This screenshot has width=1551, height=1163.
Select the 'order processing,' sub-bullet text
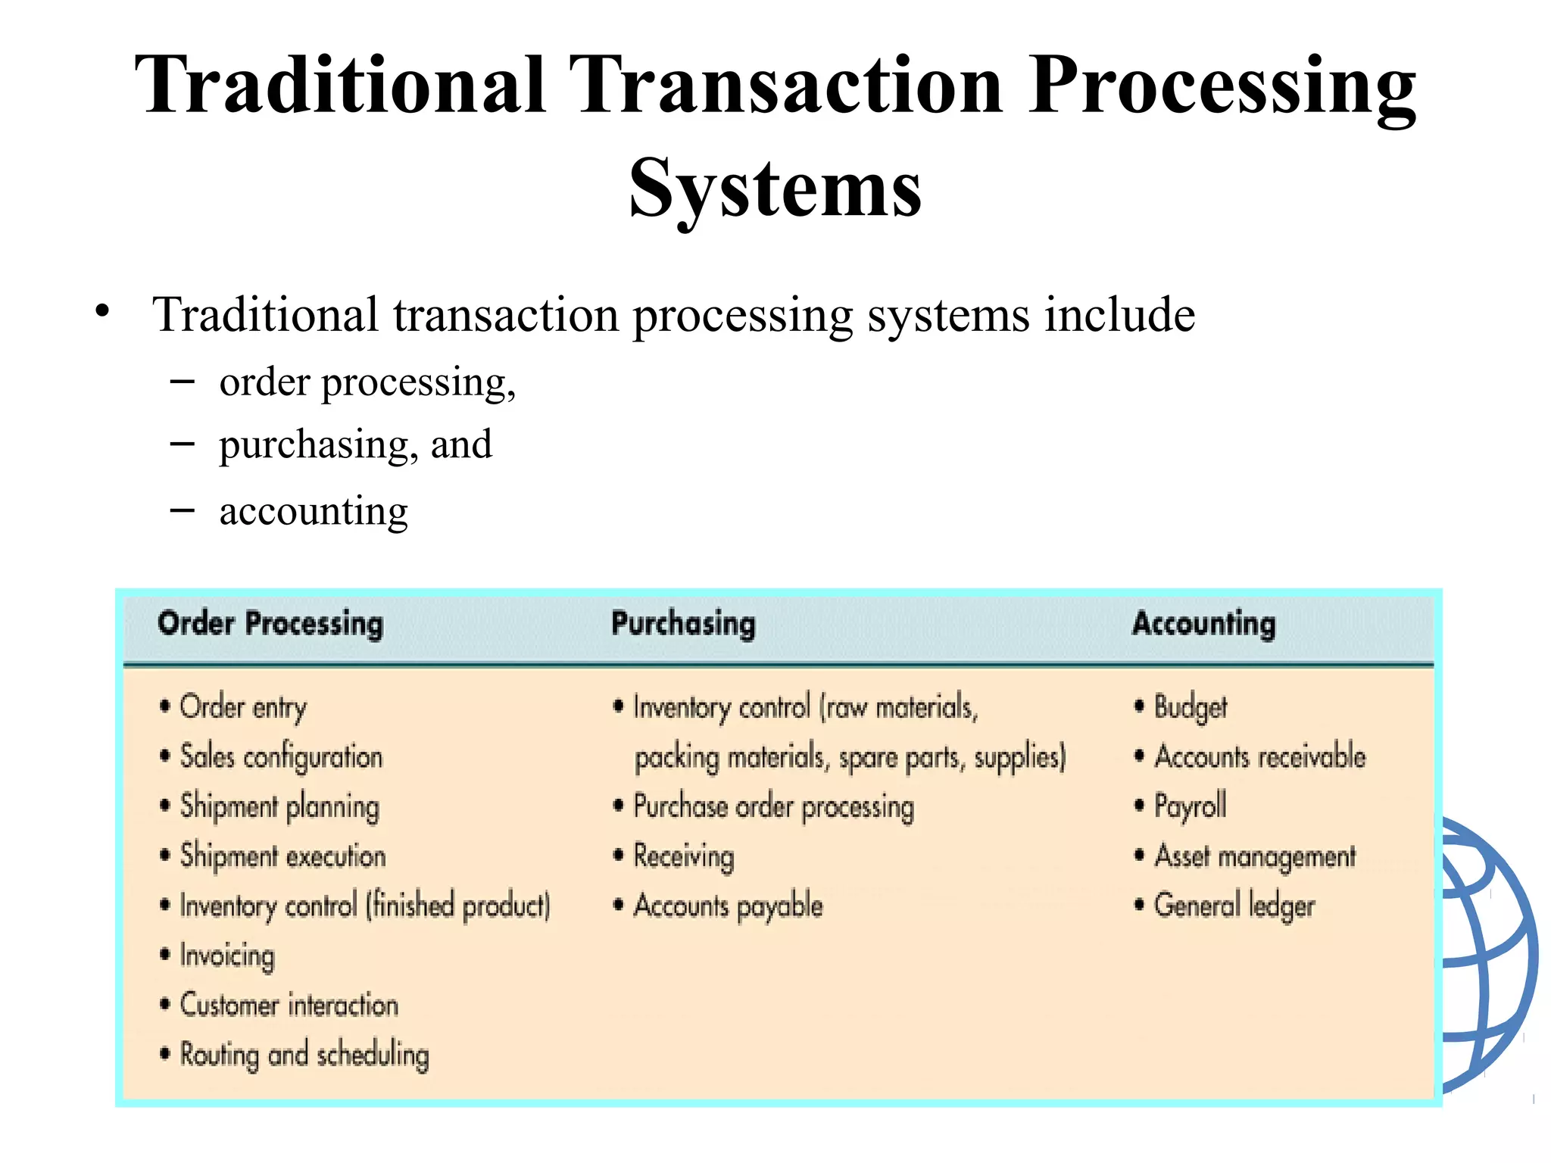click(x=367, y=382)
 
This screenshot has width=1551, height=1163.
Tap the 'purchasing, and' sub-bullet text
click(x=355, y=444)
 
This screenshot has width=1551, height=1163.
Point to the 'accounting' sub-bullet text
click(x=314, y=510)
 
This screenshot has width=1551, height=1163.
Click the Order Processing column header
click(x=270, y=624)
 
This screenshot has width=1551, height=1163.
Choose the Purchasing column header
click(x=683, y=624)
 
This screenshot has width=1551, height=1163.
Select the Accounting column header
click(x=1203, y=624)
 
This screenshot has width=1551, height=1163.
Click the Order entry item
click(x=243, y=707)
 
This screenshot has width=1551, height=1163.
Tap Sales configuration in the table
click(x=281, y=756)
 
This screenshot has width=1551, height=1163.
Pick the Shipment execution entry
click(x=282, y=856)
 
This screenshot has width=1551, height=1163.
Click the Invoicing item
click(x=227, y=956)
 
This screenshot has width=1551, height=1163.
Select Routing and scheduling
click(x=304, y=1055)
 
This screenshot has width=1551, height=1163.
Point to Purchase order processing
click(x=773, y=806)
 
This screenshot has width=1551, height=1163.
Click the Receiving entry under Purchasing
click(x=684, y=856)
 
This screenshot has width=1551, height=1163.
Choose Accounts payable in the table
click(x=728, y=906)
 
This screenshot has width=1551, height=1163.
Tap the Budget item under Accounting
click(x=1190, y=707)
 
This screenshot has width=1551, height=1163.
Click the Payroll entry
click(x=1190, y=806)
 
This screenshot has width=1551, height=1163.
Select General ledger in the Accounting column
click(x=1234, y=906)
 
